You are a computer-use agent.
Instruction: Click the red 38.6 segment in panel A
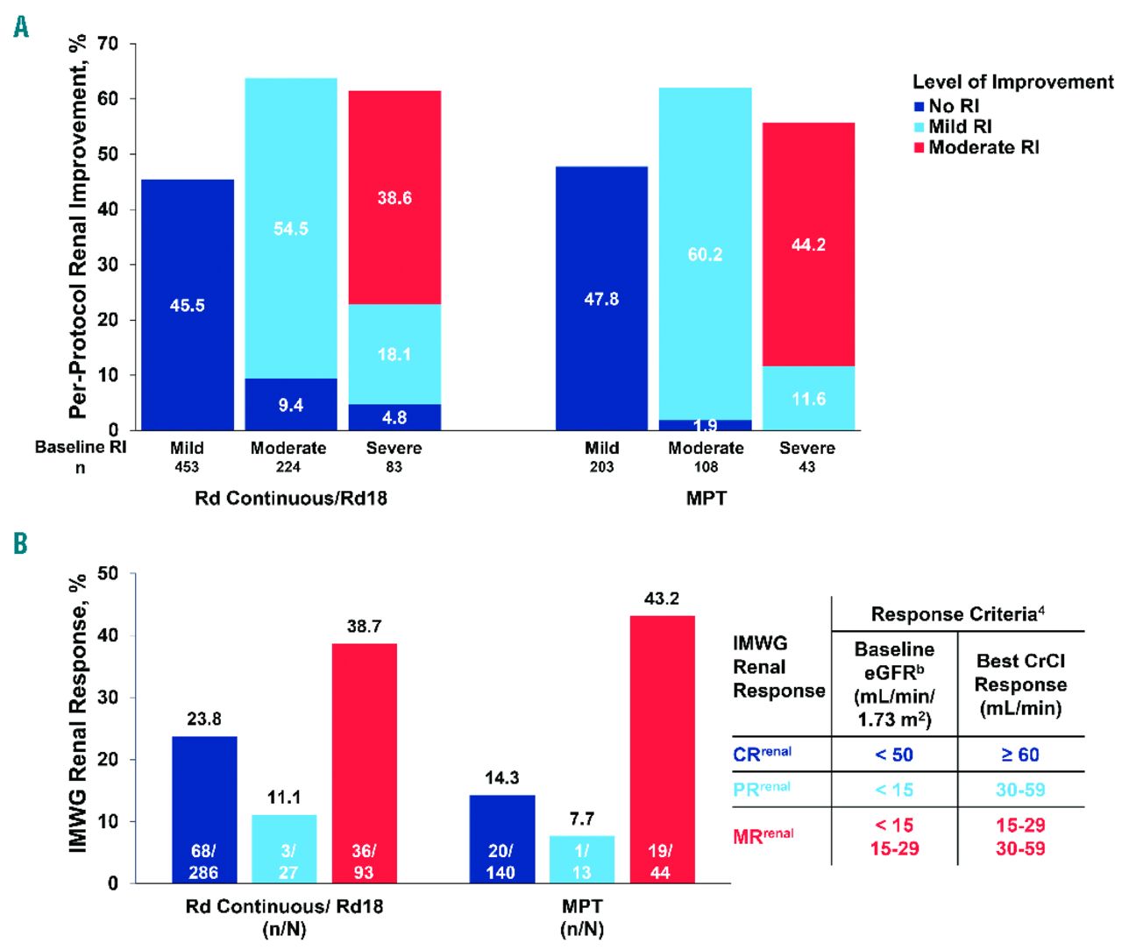click(394, 197)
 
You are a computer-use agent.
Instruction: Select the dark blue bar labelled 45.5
click(188, 305)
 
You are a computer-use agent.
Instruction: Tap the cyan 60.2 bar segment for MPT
click(705, 254)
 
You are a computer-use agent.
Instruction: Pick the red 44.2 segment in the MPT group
click(808, 245)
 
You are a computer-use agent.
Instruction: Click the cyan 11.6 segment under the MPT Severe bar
click(808, 399)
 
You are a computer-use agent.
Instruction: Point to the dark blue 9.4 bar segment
click(291, 405)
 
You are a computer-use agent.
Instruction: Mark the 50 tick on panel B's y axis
click(108, 574)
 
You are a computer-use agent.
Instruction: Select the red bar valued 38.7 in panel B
click(364, 762)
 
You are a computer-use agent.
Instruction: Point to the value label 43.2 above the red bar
click(662, 599)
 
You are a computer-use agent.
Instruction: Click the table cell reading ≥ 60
click(1020, 755)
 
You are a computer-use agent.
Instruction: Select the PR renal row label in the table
click(762, 789)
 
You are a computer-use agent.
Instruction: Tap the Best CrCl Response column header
click(1020, 684)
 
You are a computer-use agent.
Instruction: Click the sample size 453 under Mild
click(187, 467)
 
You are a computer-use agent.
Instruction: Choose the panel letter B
click(20, 544)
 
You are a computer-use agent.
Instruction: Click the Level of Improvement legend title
click(1012, 82)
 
